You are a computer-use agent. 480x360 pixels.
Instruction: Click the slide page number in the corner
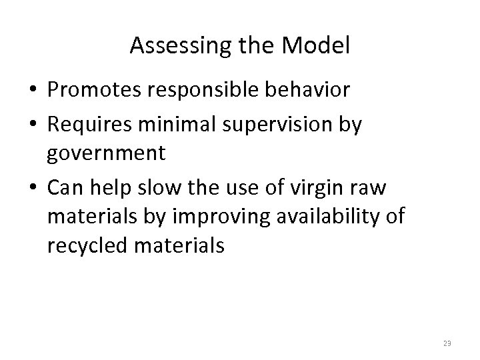pos(447,343)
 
